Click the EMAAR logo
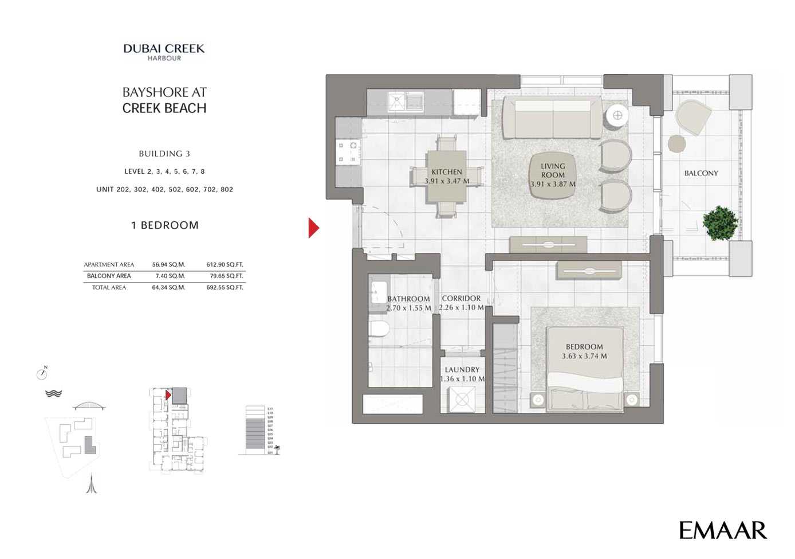[722, 530]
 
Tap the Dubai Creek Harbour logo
[164, 52]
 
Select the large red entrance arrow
[313, 228]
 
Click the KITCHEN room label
[447, 172]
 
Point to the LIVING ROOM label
[553, 170]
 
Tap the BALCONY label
[701, 173]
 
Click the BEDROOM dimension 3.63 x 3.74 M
[584, 356]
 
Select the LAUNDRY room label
[462, 370]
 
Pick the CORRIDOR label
[461, 298]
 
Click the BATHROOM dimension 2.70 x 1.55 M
[408, 308]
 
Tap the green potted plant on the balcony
[719, 223]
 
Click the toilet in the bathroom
[379, 329]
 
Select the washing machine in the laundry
[462, 399]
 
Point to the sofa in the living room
[553, 117]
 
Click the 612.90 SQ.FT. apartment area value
[225, 265]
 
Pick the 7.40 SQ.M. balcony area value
[168, 276]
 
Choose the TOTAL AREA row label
[109, 287]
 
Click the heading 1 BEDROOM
[165, 225]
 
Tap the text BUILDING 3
[164, 154]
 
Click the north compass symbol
[42, 373]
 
